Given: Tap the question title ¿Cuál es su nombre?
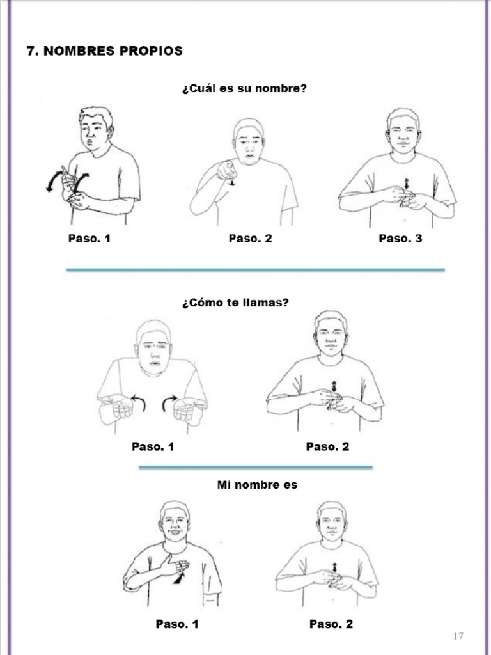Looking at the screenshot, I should point(244,88).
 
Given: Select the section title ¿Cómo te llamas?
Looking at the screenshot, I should point(235,303).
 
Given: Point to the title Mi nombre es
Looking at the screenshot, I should point(257,485).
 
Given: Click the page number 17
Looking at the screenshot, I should point(457,635).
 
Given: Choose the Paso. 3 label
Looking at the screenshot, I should point(400,239).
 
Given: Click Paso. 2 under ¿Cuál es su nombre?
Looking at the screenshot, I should point(250,239).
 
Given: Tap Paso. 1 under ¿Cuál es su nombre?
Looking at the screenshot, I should point(90,239).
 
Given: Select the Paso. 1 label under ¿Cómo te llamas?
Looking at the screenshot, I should point(153,446).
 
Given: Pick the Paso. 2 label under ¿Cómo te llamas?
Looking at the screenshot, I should point(327,446).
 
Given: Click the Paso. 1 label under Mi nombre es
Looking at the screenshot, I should point(177,624).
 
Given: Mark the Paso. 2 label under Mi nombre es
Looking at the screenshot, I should point(331,624).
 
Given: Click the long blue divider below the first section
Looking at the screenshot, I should point(255,270).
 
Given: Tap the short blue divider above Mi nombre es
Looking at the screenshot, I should point(255,468).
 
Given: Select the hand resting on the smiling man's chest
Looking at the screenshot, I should point(174,565).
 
